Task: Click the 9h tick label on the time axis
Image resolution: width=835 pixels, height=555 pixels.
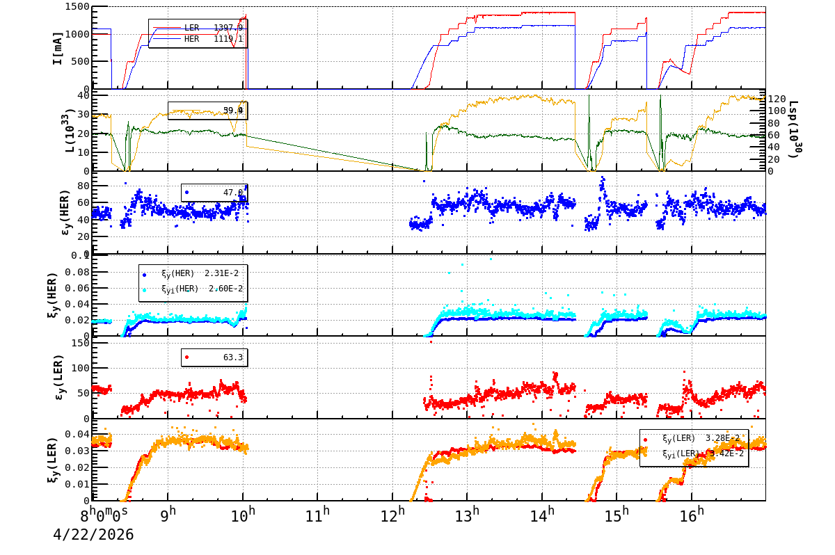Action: [168, 516]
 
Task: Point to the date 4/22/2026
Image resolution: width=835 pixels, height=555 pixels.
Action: [93, 535]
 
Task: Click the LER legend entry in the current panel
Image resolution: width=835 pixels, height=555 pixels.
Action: [198, 28]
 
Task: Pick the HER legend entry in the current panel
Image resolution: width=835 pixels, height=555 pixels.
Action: [198, 40]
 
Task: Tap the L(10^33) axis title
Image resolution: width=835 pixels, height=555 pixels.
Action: [58, 130]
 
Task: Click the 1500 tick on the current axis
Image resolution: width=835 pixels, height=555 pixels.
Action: [76, 7]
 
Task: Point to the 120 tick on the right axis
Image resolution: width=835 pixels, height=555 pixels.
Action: [777, 99]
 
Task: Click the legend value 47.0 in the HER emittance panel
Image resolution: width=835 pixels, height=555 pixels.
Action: [232, 193]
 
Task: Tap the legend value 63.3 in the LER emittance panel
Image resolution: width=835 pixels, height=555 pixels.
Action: [232, 357]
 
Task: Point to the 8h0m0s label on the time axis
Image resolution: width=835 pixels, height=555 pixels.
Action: [104, 516]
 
